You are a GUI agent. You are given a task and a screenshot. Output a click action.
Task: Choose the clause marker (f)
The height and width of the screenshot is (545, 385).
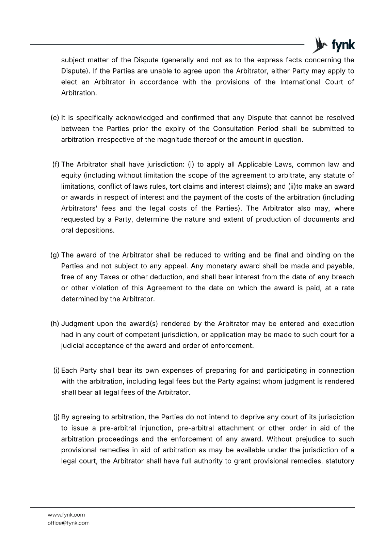(56, 165)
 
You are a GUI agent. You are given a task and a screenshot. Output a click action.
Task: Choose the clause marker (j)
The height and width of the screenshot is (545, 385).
(57, 417)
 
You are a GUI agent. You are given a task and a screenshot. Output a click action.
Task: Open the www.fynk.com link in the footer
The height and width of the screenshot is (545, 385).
(66, 515)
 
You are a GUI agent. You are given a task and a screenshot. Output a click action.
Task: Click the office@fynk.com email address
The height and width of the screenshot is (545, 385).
(68, 523)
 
